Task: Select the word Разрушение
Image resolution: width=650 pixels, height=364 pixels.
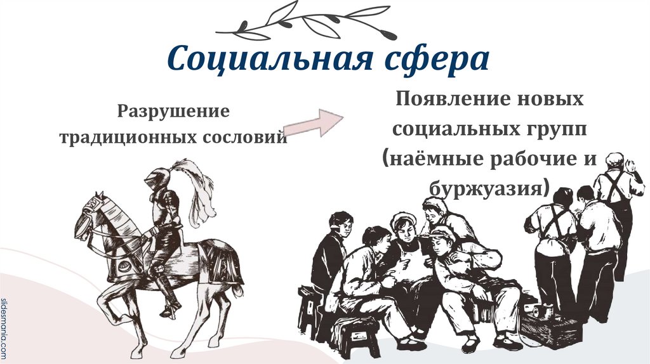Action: point(171,112)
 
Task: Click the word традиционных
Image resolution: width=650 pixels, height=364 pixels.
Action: point(128,137)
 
